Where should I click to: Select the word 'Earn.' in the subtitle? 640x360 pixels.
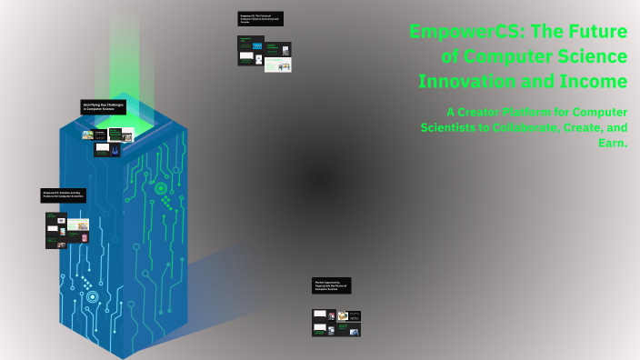[612, 143]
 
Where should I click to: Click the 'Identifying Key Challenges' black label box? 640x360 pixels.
[103, 106]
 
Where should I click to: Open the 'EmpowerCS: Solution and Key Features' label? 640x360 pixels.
[64, 195]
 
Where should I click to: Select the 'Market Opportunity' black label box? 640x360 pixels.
[331, 285]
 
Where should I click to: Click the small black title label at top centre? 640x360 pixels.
[260, 18]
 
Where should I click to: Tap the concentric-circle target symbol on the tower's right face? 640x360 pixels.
[161, 188]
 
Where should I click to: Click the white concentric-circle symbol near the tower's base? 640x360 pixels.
[92, 296]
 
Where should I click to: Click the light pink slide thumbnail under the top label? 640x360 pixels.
[278, 65]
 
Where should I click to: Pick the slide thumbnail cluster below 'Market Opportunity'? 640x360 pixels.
[335, 323]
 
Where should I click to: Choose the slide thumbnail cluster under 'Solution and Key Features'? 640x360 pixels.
[66, 230]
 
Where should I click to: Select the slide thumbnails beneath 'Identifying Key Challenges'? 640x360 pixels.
[107, 142]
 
